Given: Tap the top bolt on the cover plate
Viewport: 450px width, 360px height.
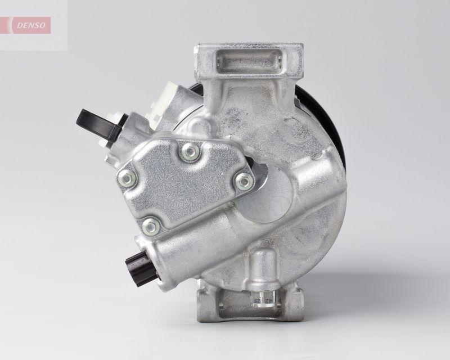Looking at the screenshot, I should pos(190,150).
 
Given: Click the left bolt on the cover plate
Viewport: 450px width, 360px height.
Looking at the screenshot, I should pos(127,178).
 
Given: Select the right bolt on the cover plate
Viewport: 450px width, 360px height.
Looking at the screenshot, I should pos(244,181).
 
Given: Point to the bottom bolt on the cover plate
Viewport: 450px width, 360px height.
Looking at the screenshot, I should pos(150,226).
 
